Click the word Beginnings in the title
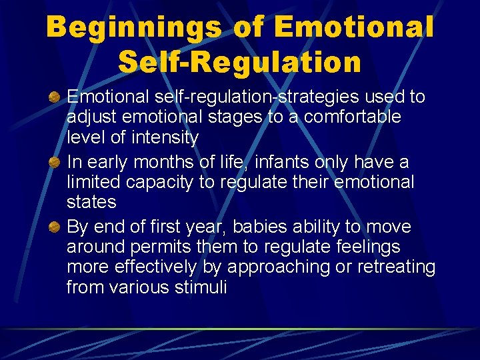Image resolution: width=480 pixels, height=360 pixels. (x=133, y=28)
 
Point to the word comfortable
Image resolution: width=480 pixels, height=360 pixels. (x=345, y=117)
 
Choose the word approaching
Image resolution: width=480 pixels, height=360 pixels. (x=279, y=267)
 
